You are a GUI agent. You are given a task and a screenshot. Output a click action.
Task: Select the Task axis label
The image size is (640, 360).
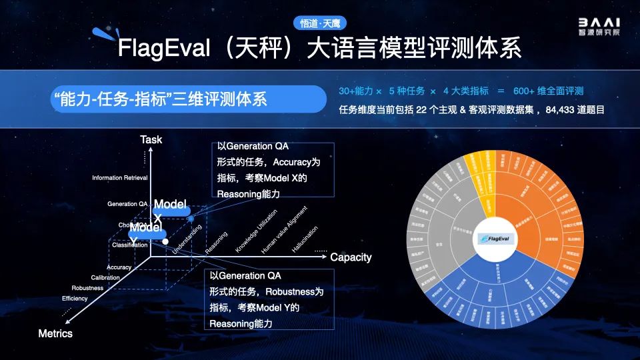coord(151,139)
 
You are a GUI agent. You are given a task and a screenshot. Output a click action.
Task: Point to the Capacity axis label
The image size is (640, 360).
coord(351,257)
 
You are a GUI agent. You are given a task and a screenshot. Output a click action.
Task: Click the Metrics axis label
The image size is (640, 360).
coord(55,333)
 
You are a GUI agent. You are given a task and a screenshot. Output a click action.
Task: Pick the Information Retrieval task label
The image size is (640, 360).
coord(120,178)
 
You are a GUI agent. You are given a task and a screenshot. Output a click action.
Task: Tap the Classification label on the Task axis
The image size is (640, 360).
coord(129,245)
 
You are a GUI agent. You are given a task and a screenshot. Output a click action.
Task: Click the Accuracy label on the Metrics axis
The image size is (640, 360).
coord(119,267)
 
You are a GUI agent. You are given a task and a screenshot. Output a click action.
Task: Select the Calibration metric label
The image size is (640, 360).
coord(105,277)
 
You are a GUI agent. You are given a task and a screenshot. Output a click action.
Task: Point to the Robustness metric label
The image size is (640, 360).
coord(87,288)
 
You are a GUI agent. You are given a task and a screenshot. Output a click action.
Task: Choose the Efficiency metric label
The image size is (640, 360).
coord(75,299)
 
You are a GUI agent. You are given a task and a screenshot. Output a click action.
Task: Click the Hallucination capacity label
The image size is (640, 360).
coord(305,239)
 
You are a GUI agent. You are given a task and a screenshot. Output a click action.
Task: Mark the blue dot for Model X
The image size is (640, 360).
coord(191,218)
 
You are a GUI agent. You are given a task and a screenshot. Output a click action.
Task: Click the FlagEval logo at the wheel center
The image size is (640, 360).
coord(495,237)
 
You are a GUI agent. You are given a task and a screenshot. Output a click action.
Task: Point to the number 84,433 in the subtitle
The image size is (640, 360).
coord(563,109)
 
